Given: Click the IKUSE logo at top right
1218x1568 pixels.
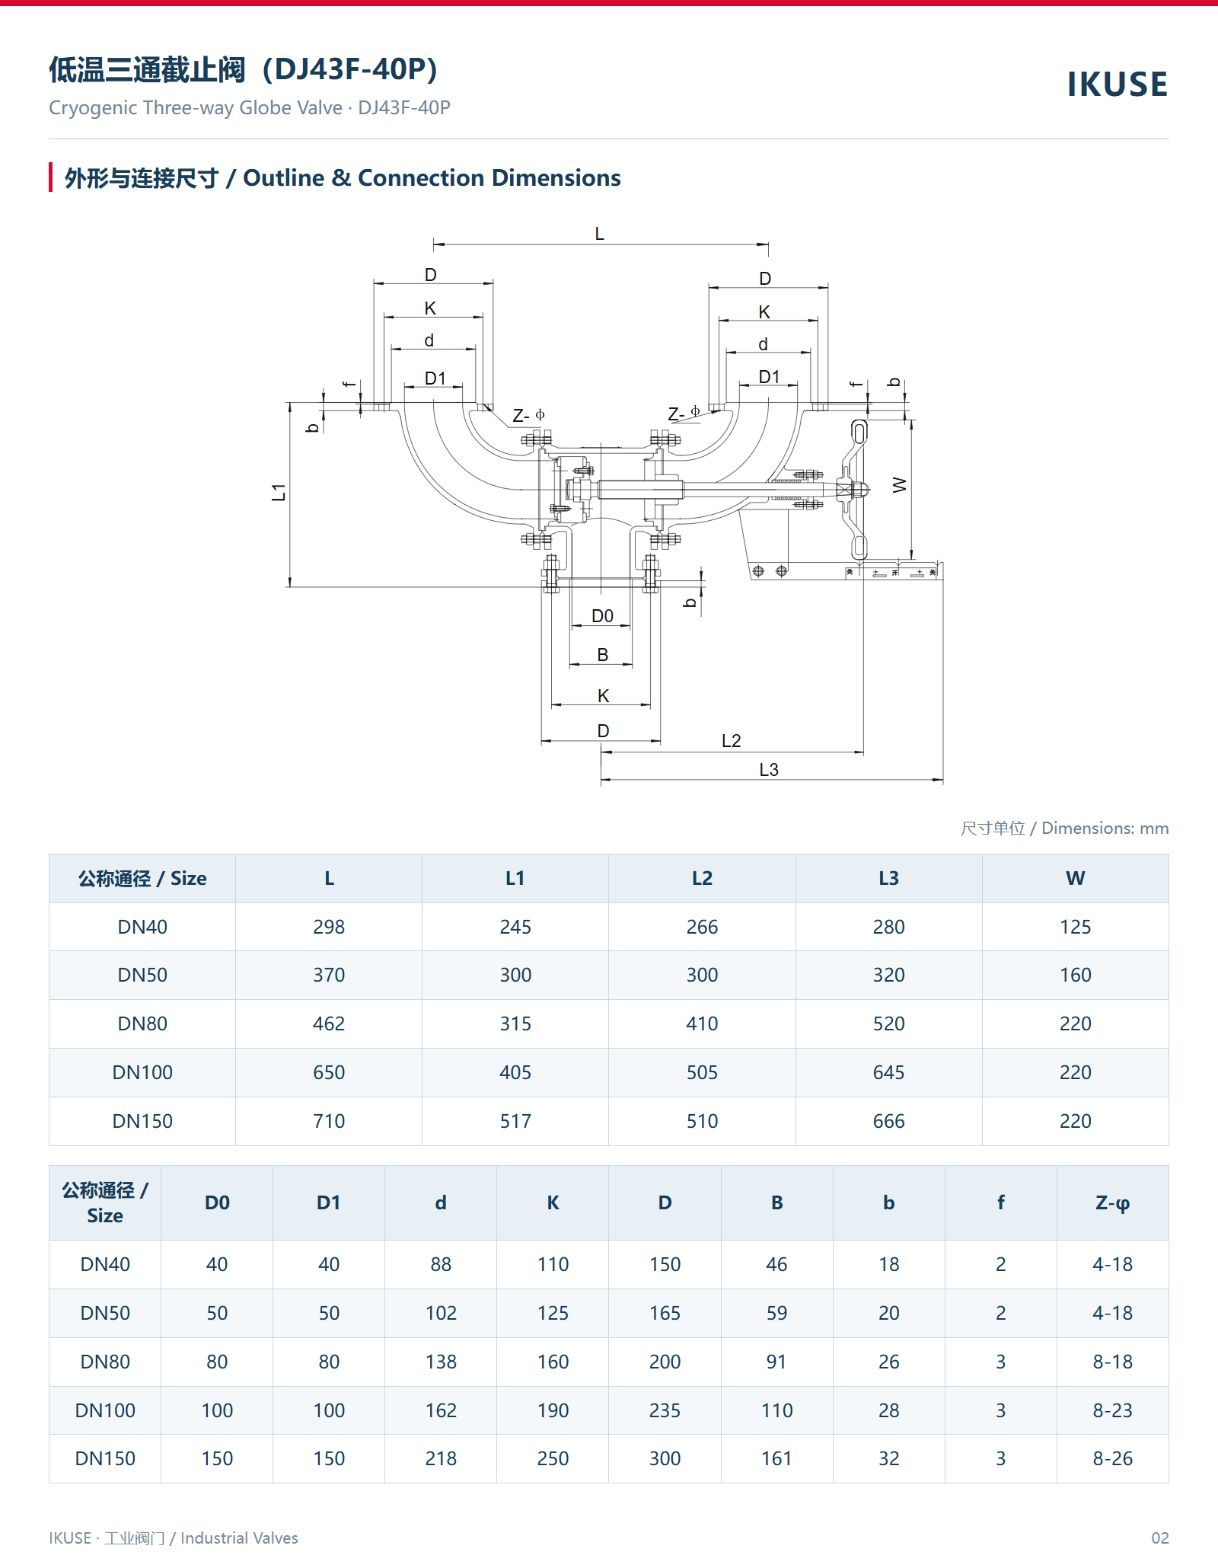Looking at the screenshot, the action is tap(1117, 84).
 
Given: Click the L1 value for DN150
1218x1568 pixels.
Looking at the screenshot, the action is tap(515, 1121).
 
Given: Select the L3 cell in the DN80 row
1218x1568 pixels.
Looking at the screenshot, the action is tap(888, 1024).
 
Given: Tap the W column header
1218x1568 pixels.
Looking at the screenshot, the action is tap(1075, 878).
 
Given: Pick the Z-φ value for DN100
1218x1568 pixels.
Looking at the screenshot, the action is tap(1112, 1410).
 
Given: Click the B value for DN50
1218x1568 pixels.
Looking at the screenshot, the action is tap(776, 1313).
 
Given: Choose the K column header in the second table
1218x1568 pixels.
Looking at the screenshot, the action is tap(553, 1202).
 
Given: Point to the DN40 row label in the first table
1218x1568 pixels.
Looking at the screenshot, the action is tap(142, 927).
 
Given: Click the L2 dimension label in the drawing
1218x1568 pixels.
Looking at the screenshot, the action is tap(731, 741).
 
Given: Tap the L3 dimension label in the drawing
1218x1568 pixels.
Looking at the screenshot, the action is tap(769, 770).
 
